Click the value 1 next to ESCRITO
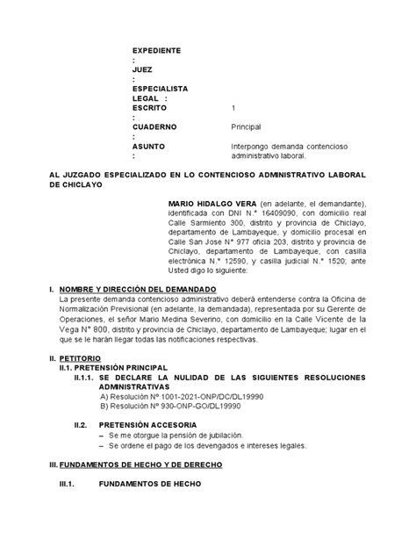[233, 108]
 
